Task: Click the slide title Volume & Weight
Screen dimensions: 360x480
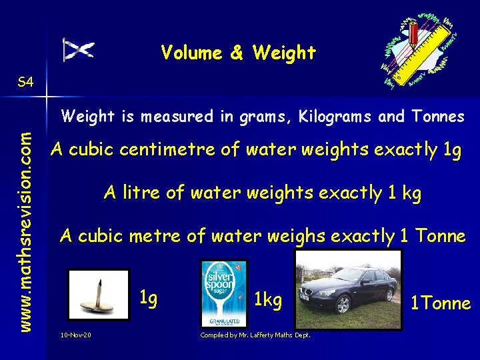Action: click(x=238, y=53)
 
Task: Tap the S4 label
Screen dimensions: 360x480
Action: click(x=25, y=83)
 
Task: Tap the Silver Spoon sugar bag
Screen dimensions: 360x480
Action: click(x=224, y=293)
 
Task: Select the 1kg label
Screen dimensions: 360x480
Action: click(x=269, y=300)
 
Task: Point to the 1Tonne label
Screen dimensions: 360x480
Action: click(x=440, y=304)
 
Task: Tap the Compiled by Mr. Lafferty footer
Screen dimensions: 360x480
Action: click(x=255, y=334)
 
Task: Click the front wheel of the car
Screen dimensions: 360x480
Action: click(x=343, y=305)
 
